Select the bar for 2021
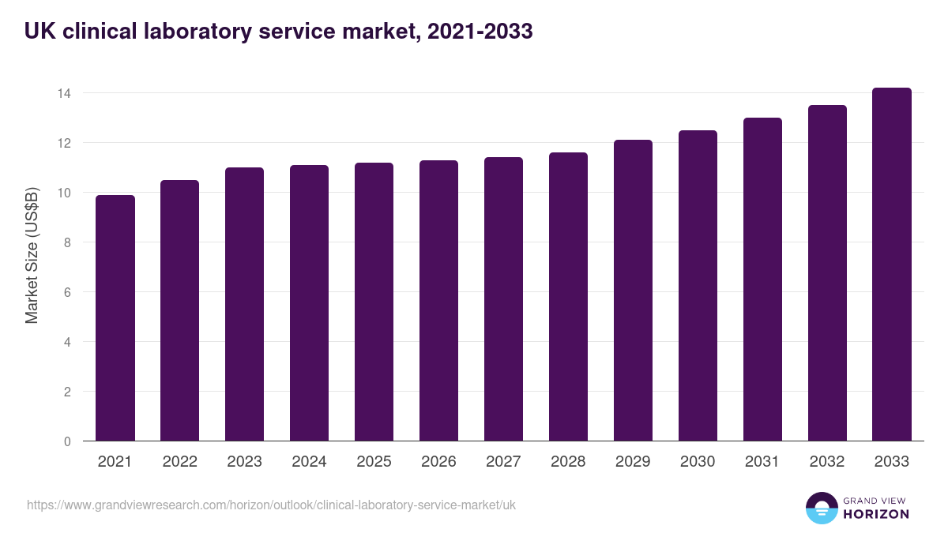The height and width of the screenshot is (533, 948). click(x=115, y=318)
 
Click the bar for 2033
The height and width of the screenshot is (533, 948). click(x=892, y=265)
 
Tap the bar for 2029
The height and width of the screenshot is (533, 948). click(x=633, y=291)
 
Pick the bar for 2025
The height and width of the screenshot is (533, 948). click(x=374, y=302)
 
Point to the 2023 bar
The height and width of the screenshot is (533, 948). click(x=244, y=305)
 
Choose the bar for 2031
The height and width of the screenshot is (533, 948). click(x=762, y=280)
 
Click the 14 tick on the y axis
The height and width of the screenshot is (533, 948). click(x=64, y=93)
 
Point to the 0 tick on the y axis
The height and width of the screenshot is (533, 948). click(x=67, y=441)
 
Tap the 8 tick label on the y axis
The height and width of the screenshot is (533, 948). click(x=67, y=242)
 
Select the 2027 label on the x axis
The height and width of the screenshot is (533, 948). click(x=503, y=462)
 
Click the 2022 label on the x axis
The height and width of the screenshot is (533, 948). click(x=179, y=462)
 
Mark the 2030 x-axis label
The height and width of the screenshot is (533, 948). click(x=698, y=462)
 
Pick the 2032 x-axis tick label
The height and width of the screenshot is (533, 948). click(x=827, y=462)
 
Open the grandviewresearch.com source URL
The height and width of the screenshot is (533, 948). click(x=271, y=505)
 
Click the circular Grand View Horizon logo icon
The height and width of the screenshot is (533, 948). click(x=821, y=509)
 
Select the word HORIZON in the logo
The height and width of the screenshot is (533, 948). click(x=876, y=514)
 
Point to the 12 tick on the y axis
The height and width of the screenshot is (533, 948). click(x=64, y=143)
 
